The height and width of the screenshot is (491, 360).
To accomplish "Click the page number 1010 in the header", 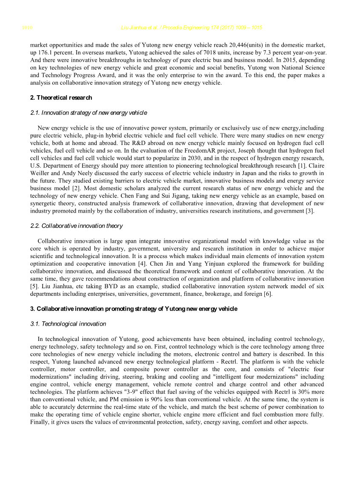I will click(27, 28).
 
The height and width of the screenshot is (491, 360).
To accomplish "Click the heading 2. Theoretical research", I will click(61, 98).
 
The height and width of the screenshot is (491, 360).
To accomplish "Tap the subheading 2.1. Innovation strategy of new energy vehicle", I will click(89, 113).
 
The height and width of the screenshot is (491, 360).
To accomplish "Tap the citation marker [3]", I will click(310, 211).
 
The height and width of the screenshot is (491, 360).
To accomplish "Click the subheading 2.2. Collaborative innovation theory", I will click(77, 226).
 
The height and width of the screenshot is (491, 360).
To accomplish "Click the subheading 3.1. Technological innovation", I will click(68, 324).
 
